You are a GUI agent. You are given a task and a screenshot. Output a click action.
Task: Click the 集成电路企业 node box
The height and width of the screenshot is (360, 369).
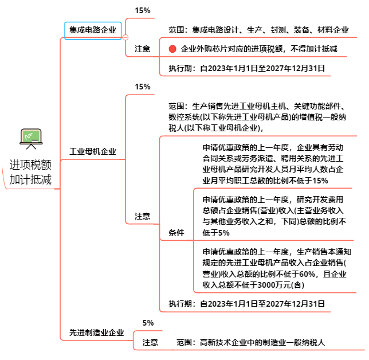click(x=92, y=30)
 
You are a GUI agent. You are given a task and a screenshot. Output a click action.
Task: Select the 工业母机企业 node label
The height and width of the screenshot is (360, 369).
click(x=92, y=152)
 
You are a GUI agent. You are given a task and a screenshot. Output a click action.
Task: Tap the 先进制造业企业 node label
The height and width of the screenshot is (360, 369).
click(x=96, y=332)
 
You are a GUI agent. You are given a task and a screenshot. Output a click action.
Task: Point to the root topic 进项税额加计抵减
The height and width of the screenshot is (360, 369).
click(x=30, y=172)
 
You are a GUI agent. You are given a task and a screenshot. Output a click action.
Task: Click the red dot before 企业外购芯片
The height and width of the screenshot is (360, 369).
click(x=172, y=49)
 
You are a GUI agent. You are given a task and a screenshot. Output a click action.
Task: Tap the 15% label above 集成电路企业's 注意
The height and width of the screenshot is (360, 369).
click(x=142, y=10)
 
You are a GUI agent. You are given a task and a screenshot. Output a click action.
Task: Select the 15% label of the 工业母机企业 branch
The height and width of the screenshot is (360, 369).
click(x=142, y=87)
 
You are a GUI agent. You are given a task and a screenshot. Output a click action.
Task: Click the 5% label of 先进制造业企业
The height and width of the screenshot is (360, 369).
click(x=148, y=323)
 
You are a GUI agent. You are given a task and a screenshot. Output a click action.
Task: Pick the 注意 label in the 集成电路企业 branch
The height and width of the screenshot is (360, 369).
click(x=142, y=49)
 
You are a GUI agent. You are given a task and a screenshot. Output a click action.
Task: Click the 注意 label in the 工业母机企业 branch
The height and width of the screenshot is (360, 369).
click(x=142, y=216)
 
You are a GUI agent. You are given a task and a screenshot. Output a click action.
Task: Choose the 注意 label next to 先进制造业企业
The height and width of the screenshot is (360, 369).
click(x=150, y=343)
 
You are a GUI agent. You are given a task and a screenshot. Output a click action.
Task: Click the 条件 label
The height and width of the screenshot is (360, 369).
click(x=176, y=233)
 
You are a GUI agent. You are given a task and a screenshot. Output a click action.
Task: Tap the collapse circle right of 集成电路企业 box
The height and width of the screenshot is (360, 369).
click(x=125, y=37)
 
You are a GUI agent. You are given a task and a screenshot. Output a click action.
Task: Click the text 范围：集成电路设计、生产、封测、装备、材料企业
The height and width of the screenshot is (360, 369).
click(x=258, y=30)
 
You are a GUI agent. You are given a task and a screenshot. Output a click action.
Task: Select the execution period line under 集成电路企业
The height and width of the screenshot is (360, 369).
click(x=247, y=68)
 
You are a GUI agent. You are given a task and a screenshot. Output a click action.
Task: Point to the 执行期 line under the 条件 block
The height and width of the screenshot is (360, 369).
click(x=247, y=304)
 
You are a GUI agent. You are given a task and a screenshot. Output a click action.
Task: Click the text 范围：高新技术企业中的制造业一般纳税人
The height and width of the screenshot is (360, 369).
click(x=251, y=343)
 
